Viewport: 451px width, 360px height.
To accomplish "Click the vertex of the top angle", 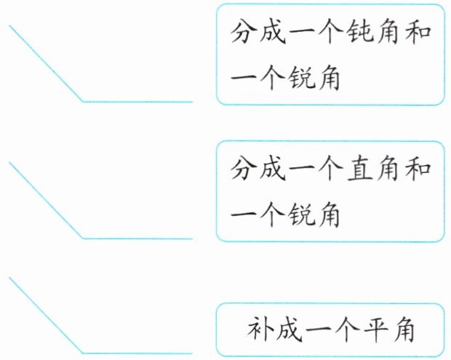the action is [82, 101].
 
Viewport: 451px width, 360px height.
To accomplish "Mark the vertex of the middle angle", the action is [82, 238].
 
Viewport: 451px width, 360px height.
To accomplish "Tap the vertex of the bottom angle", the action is [82, 353].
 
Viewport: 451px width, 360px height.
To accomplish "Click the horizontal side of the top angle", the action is [138, 101].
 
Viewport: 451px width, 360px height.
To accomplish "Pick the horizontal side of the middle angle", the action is [138, 238].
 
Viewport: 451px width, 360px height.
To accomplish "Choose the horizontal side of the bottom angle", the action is [138, 353].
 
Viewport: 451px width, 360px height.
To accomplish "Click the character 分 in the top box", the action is [244, 33].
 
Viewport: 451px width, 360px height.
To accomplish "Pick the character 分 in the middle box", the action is [244, 171].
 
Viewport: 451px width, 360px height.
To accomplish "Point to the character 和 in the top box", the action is [420, 33].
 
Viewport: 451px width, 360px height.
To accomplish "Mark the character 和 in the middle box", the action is [420, 171].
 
